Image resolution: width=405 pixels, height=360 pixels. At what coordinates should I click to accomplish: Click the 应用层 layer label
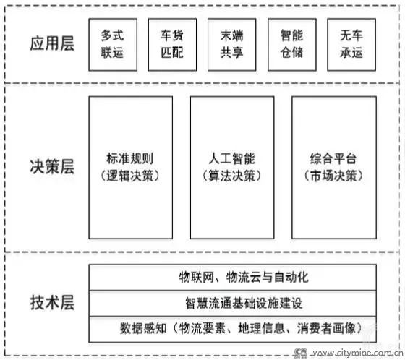52,43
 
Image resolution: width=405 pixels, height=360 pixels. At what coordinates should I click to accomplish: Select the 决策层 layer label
52,166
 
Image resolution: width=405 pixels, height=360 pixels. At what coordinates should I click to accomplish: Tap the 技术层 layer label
52,302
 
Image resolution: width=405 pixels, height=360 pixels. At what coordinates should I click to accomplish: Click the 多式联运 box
113,44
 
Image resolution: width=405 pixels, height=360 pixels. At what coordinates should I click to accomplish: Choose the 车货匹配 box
172,44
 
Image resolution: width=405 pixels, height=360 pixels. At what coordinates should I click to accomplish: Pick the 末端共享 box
232,44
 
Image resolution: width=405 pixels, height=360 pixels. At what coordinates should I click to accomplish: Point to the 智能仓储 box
292,44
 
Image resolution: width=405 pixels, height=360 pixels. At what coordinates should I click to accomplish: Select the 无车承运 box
351,44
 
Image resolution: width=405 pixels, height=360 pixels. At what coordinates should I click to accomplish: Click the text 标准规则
130,158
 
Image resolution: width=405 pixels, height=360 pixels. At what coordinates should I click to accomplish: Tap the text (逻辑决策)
130,176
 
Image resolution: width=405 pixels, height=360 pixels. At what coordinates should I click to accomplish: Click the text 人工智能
232,158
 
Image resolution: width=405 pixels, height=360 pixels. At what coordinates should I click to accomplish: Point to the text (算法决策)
232,176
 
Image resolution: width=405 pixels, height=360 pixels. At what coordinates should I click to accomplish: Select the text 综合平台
333,158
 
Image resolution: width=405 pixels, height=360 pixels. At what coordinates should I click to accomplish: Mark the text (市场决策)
333,176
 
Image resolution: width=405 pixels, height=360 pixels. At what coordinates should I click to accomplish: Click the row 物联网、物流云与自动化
232,278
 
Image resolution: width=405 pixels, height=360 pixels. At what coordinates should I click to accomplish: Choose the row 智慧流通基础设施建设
232,303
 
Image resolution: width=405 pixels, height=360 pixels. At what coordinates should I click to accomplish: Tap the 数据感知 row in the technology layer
232,329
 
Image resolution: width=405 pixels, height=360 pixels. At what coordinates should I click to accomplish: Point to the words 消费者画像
326,328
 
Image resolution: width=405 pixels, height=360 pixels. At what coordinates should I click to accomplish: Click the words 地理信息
261,328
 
